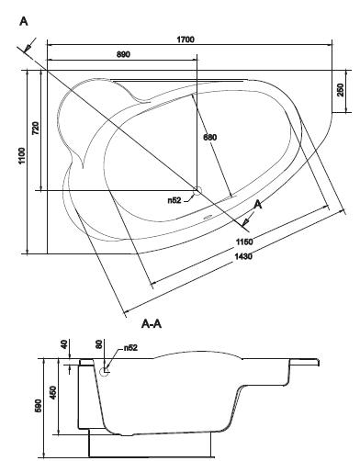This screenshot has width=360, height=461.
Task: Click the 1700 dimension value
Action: pos(186,39)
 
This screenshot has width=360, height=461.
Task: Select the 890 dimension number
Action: pos(123,54)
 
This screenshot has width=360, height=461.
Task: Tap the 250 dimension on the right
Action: pos(341,90)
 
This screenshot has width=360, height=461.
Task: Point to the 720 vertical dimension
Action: pos(36,129)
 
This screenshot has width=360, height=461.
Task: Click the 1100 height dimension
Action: pos(22,155)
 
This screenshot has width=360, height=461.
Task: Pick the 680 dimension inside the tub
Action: pos(210,137)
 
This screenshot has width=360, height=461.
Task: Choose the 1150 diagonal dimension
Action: pos(244,242)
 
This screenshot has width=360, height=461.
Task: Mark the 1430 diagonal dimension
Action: pos(243,256)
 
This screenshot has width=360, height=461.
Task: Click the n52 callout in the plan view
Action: pos(174,200)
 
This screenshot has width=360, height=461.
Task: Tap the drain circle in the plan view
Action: pos(197,191)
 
